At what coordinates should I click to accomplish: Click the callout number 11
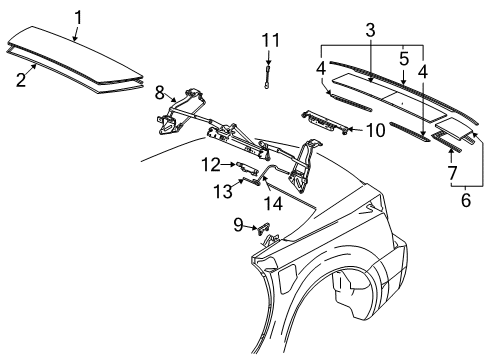click(267, 40)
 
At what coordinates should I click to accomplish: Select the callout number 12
click(211, 163)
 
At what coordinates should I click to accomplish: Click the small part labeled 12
click(244, 166)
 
